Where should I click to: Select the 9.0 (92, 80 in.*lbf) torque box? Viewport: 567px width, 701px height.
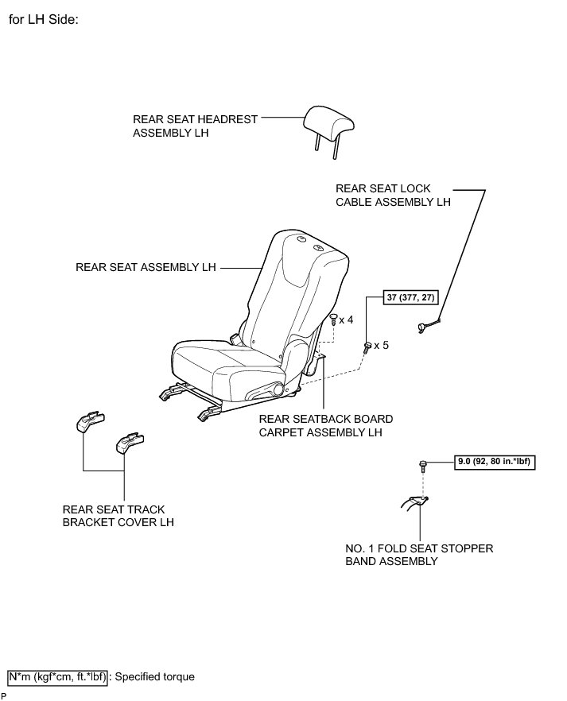tap(495, 460)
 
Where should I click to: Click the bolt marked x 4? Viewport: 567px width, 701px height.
tap(332, 320)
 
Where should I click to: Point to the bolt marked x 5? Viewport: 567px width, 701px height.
tap(367, 347)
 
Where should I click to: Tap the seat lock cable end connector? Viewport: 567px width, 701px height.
tap(425, 327)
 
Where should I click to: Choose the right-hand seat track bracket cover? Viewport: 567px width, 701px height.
tap(129, 442)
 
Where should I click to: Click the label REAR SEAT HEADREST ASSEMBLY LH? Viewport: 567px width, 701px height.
tap(195, 126)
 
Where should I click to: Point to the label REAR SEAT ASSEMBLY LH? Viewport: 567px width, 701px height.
tap(146, 268)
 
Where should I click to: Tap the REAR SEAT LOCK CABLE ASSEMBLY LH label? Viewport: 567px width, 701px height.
tap(393, 196)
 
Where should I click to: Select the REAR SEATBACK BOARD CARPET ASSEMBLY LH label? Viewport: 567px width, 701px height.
tap(325, 426)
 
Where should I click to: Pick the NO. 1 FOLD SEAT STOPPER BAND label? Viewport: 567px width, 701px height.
tap(419, 555)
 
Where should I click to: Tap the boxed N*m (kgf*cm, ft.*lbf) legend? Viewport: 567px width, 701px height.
tap(57, 677)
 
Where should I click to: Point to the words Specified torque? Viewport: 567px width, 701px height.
tap(154, 677)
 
